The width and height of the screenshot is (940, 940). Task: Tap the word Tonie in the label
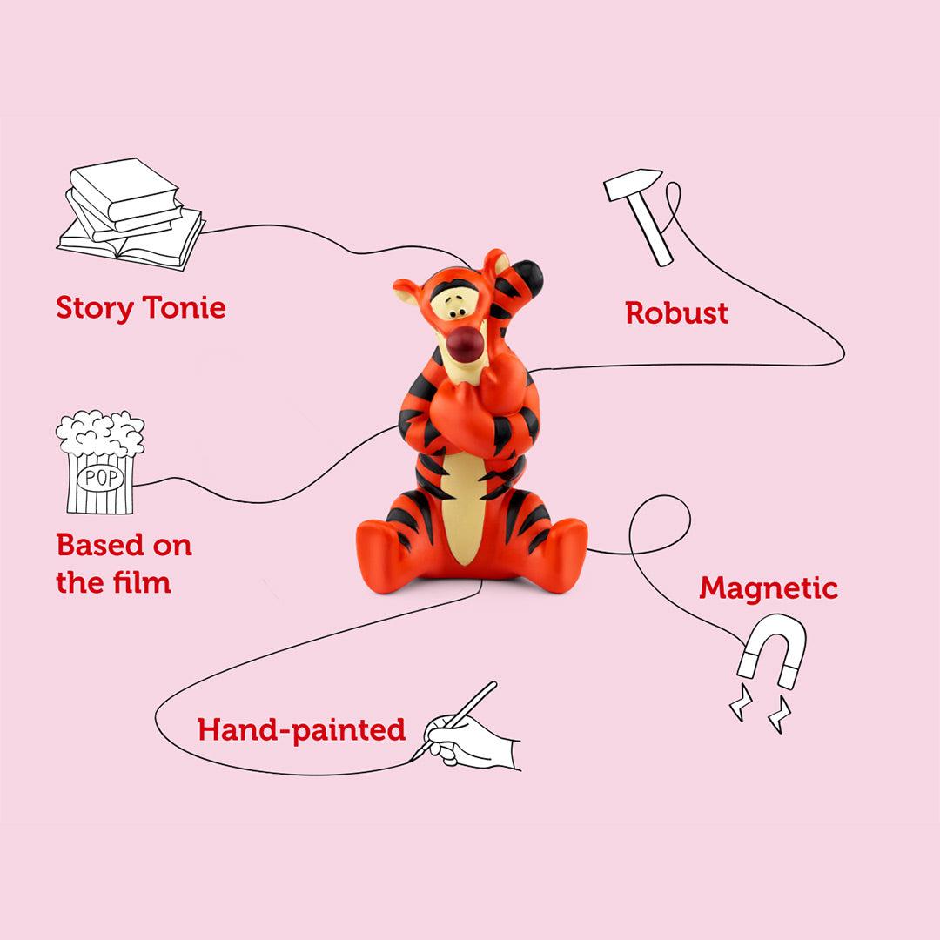point(185,308)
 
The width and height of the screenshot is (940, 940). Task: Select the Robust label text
point(676,313)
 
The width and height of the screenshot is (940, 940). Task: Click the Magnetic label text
point(768,588)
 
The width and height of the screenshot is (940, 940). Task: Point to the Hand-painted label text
point(301,729)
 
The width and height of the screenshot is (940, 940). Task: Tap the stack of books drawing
point(131,213)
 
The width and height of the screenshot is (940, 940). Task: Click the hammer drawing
point(641,213)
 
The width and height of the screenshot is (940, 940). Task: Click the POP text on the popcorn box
point(101,479)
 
